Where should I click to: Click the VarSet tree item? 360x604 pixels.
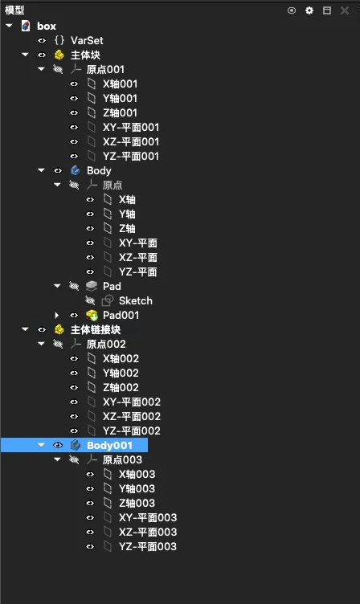87,40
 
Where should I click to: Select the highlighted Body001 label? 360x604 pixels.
109,445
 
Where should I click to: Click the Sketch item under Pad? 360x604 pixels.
135,300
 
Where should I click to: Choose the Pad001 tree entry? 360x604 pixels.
121,315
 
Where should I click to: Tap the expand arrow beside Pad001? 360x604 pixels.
57,315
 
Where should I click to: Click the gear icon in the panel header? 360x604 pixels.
309,10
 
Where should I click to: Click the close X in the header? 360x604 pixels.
345,10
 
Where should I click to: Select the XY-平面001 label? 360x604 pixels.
131,127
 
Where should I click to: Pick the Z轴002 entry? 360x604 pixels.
121,387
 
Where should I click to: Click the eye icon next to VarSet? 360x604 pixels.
42,40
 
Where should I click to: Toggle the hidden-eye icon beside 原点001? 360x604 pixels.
58,69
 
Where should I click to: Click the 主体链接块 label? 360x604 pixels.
96,330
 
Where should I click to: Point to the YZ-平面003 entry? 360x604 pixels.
148,547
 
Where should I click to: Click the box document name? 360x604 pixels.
47,27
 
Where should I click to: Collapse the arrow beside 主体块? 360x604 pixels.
26,55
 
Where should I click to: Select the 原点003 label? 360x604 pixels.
122,460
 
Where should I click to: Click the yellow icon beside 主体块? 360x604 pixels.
59,55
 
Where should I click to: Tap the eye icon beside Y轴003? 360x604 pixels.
90,489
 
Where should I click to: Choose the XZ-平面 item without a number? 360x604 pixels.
137,257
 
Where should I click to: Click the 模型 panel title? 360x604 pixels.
14,10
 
